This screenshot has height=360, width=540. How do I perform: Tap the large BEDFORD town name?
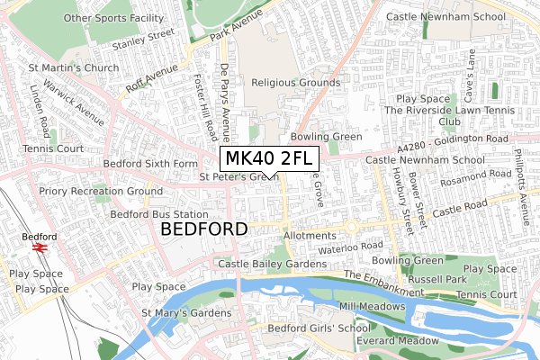click(x=203, y=230)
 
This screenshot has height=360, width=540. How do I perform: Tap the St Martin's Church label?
click(x=74, y=67)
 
